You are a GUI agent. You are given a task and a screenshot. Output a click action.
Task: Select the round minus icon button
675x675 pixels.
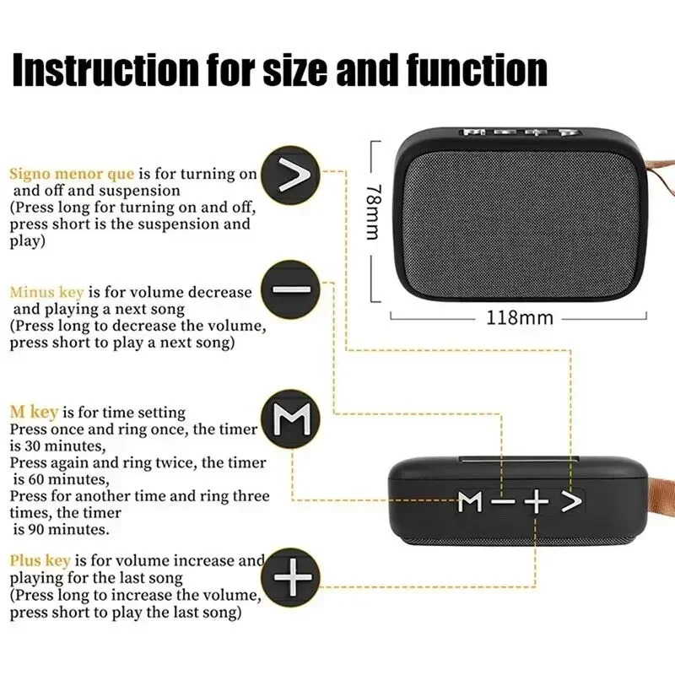click(291, 289)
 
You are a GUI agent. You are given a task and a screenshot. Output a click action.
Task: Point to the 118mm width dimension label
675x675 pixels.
click(519, 318)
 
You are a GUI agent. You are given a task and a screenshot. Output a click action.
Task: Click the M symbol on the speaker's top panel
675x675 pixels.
click(471, 503)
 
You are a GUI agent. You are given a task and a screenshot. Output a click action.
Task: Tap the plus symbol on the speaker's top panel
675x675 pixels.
click(536, 503)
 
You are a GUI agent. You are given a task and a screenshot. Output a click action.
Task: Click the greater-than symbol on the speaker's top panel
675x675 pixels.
click(571, 503)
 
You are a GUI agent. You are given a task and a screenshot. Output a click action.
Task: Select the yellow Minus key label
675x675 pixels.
click(46, 293)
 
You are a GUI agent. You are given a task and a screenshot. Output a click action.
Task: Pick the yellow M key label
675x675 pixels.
click(34, 413)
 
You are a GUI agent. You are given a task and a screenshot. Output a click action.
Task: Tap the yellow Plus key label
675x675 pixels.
click(40, 560)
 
